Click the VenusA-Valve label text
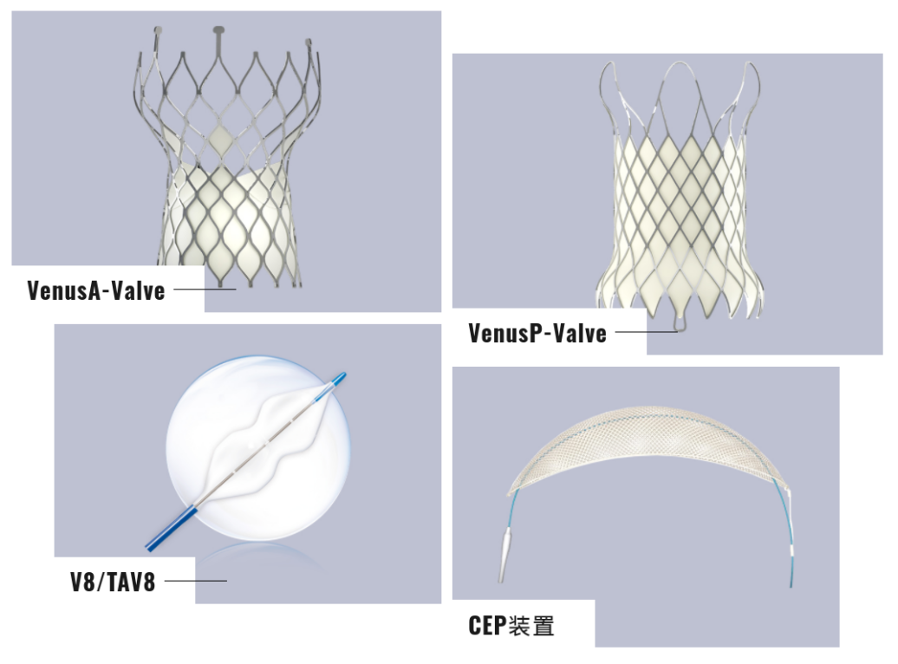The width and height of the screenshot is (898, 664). [95, 290]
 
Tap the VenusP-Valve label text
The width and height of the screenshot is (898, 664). [537, 333]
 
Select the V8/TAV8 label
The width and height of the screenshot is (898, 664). [113, 582]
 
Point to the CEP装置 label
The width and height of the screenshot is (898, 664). [511, 625]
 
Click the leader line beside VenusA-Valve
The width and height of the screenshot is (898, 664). [205, 290]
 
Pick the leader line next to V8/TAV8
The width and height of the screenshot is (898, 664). [195, 581]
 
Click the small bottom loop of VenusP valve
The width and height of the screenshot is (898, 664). [676, 327]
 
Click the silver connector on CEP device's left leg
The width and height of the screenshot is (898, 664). [504, 556]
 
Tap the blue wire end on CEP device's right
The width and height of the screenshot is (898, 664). [790, 572]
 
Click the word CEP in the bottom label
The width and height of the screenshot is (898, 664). [487, 625]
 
